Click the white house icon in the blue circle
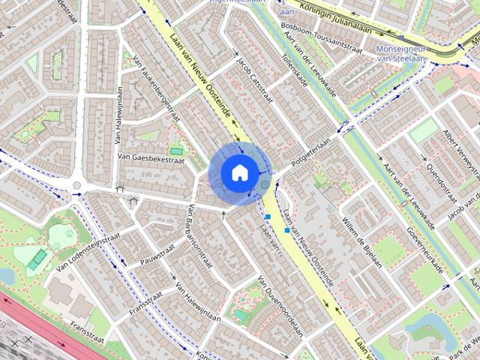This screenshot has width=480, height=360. [x=238, y=172]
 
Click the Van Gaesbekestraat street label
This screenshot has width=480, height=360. [x=151, y=158]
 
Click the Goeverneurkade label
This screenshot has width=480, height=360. [x=424, y=247]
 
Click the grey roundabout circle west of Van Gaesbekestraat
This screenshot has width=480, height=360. [x=76, y=186]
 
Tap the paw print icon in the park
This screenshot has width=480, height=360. [x=70, y=233]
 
